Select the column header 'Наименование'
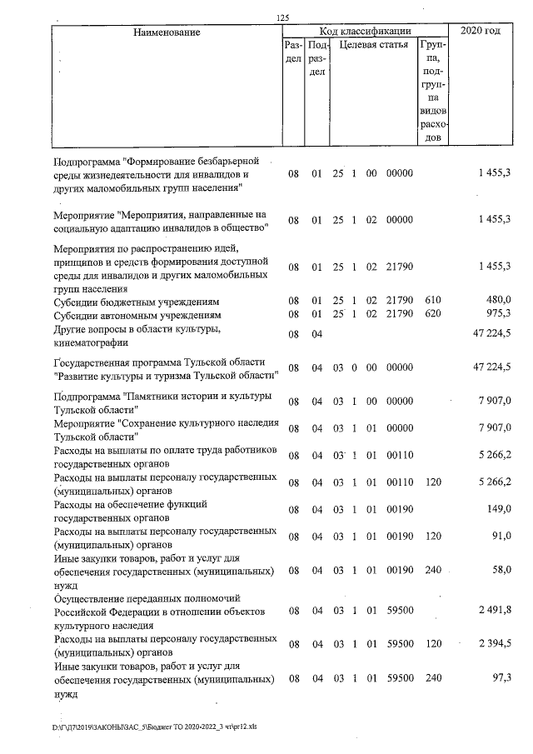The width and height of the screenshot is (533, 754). [167, 32]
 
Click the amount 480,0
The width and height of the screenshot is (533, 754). [497, 300]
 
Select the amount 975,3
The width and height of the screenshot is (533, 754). [497, 314]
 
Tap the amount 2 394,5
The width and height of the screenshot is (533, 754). [493, 645]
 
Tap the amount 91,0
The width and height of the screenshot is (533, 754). [501, 536]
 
